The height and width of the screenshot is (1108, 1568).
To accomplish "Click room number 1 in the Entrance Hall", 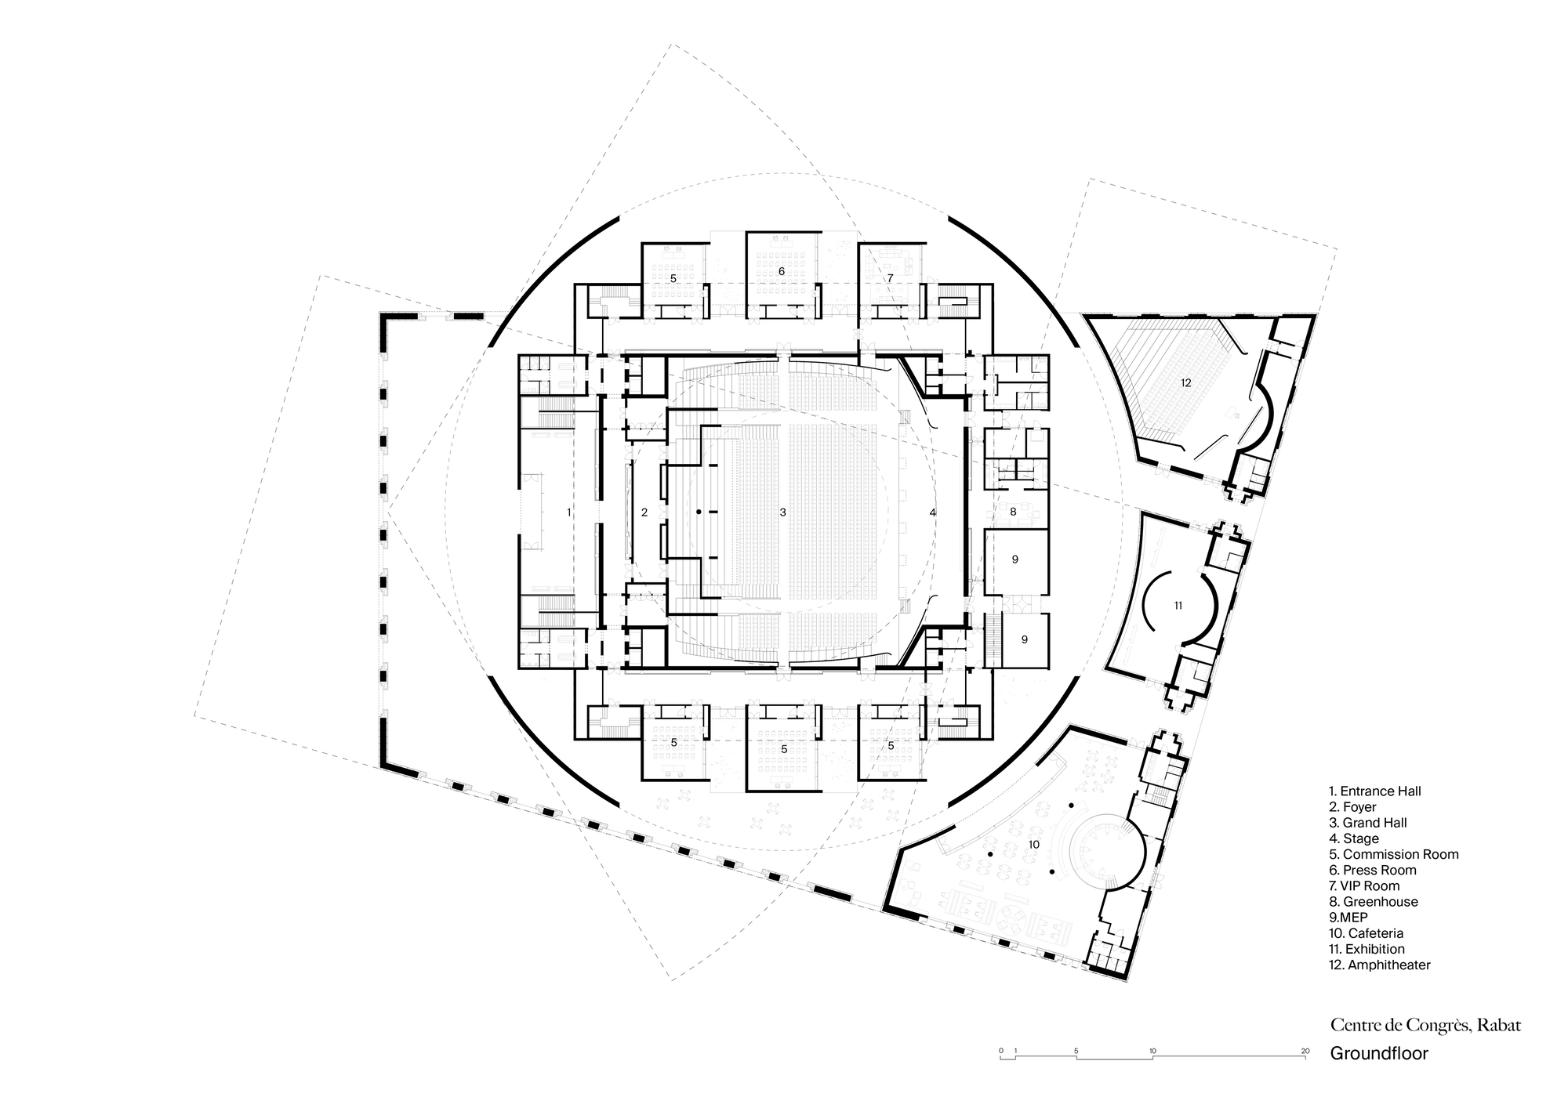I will (569, 512).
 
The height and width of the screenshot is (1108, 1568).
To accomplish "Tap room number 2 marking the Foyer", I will (644, 512).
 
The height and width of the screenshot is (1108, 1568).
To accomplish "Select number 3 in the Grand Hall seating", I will (782, 512).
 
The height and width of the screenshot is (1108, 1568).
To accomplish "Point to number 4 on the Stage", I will (932, 512).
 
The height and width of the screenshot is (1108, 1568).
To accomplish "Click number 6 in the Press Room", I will (782, 271).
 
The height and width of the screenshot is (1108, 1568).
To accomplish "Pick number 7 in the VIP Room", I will (890, 278).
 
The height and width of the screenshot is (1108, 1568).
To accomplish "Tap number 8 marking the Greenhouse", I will (1013, 512).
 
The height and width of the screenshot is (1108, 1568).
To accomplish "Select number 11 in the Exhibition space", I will (1178, 605).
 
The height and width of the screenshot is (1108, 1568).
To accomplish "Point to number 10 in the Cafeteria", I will (1033, 845).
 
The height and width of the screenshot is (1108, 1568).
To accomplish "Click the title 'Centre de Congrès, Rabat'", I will (1425, 1025).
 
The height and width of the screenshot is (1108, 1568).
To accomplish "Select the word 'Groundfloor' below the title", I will (1378, 1053).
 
